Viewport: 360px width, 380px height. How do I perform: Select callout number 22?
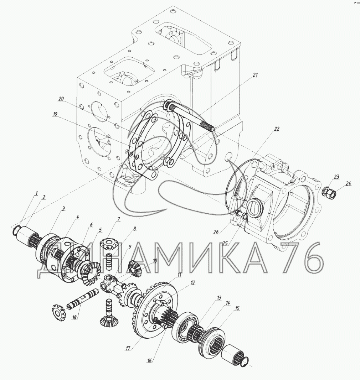[277, 129]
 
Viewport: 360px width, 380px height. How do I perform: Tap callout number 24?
[348, 184]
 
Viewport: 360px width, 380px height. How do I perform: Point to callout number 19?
[55, 114]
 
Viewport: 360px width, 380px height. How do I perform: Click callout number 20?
[61, 99]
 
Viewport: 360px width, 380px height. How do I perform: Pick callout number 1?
[37, 193]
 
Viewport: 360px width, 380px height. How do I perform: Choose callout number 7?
[119, 219]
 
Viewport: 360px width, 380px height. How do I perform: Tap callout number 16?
[149, 361]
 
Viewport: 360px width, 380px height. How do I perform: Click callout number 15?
[237, 308]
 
